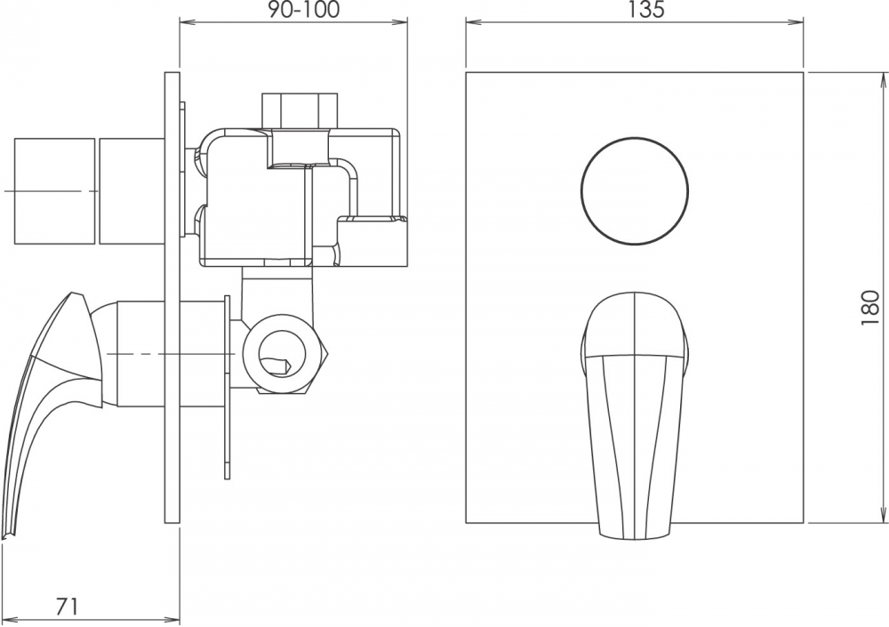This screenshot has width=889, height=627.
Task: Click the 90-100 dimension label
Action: click(x=304, y=10)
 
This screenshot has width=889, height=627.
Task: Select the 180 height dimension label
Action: click(x=869, y=307)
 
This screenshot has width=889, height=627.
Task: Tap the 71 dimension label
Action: click(x=67, y=607)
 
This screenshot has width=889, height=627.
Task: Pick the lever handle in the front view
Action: click(x=634, y=416)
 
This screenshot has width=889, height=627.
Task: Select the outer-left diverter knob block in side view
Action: click(x=54, y=191)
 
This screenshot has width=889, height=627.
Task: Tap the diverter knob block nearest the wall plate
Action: click(x=132, y=191)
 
